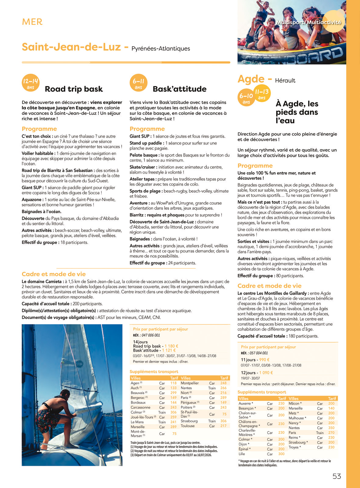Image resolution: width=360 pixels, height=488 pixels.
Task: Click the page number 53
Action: [337, 476]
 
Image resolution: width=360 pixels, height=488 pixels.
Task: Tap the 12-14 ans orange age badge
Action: [30, 83]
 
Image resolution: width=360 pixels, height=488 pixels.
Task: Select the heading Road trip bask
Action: [74, 89]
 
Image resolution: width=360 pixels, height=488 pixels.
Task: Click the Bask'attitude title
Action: [180, 89]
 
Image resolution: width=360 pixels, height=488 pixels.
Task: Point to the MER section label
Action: [32, 22]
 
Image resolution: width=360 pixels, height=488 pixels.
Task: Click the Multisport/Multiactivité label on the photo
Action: [309, 22]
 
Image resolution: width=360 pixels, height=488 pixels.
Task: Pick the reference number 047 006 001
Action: [151, 335]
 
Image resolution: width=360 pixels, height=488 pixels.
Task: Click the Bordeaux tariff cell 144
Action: [173, 402]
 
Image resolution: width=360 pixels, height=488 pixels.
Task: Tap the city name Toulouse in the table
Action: [187, 426]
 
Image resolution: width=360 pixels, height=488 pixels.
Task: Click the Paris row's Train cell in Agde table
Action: [320, 433]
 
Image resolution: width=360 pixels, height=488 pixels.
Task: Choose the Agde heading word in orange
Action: [251, 79]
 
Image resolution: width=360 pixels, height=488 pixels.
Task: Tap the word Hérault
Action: [285, 81]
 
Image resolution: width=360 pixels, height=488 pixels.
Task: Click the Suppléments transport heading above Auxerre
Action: [262, 392]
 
